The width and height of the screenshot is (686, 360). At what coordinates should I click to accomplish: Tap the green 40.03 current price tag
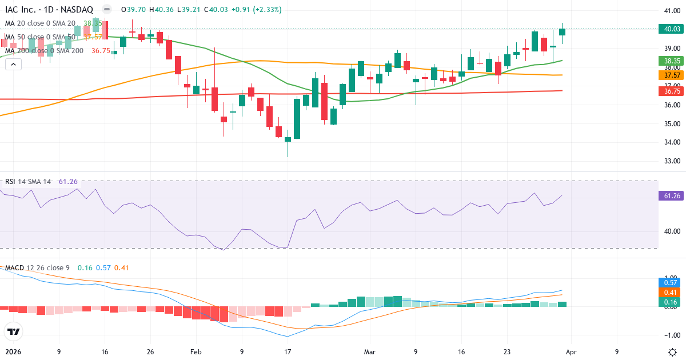(x=672, y=29)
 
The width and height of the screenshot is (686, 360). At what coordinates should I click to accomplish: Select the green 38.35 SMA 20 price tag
(x=672, y=61)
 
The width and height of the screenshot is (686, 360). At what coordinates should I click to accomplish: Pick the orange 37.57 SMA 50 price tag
(x=672, y=75)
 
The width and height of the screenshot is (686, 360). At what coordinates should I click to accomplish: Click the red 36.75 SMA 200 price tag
(x=672, y=91)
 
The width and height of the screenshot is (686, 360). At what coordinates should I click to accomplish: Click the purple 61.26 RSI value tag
(x=672, y=195)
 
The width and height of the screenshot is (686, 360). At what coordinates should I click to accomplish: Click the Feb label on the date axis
(x=196, y=351)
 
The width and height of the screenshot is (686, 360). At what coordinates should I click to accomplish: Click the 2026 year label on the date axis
(x=12, y=351)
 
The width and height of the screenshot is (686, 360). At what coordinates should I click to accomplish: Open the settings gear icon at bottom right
(x=672, y=351)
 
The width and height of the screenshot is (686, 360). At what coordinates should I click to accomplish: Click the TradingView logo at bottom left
(x=14, y=331)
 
